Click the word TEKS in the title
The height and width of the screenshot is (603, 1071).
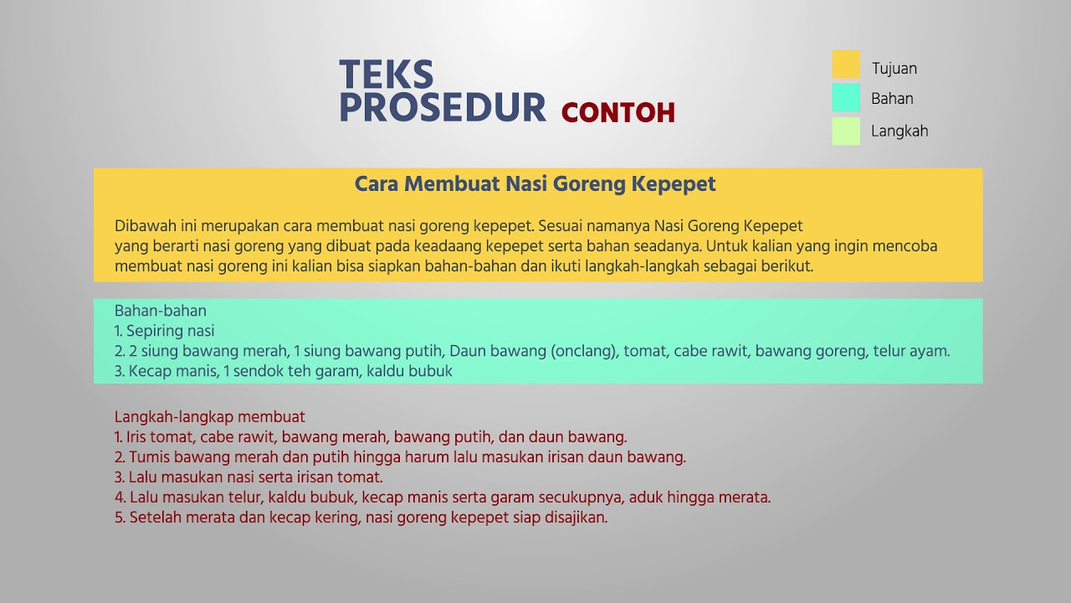coord(387,75)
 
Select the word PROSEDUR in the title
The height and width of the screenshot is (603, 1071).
coord(443,108)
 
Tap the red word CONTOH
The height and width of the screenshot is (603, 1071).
coord(617,113)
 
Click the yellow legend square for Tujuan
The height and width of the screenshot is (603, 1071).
coord(846,65)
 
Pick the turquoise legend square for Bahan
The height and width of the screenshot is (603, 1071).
coord(846,97)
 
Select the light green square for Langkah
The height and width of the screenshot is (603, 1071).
coord(846,131)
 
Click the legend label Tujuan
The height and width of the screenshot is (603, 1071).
coord(894,69)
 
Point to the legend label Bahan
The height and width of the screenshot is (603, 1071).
coord(892,99)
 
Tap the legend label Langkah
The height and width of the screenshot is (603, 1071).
coord(899,131)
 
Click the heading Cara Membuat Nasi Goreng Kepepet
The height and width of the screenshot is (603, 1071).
coord(535,184)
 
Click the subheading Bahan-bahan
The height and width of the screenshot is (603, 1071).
coord(161,312)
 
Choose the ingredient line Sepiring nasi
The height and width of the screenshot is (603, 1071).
coord(170,331)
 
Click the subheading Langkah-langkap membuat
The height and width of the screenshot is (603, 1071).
coord(210,417)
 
